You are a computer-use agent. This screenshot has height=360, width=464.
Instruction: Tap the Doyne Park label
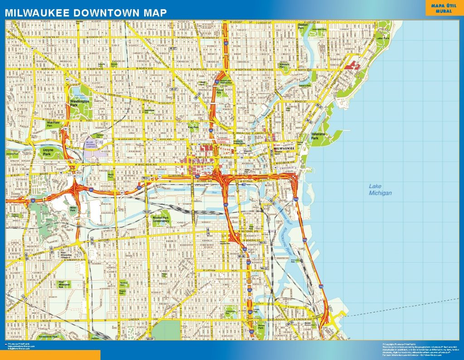[x=48, y=151]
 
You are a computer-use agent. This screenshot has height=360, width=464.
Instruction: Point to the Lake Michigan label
[x=380, y=189]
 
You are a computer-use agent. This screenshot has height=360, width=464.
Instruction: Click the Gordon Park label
[x=303, y=27]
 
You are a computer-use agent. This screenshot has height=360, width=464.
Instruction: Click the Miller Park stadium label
[x=72, y=209]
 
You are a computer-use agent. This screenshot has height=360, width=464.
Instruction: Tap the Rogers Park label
[x=122, y=292]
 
